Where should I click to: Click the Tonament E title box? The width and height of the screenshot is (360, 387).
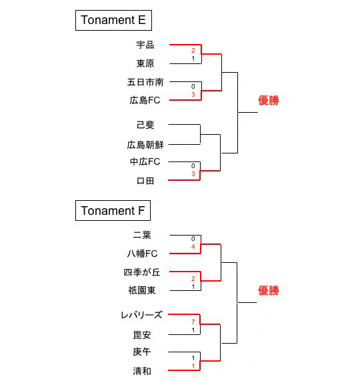pyautogui.click(x=113, y=20)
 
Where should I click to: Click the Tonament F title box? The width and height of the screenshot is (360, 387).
pyautogui.click(x=113, y=211)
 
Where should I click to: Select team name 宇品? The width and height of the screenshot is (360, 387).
pyautogui.click(x=145, y=45)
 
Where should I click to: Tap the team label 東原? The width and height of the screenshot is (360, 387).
pyautogui.click(x=145, y=63)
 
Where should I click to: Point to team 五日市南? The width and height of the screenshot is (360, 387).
pyautogui.click(x=145, y=82)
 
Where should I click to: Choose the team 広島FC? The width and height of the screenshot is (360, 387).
pyautogui.click(x=145, y=100)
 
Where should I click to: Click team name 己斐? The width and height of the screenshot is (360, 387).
pyautogui.click(x=145, y=125)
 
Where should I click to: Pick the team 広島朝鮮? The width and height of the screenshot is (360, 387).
pyautogui.click(x=145, y=145)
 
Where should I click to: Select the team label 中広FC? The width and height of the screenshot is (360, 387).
pyautogui.click(x=145, y=161)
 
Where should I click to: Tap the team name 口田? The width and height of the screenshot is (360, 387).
pyautogui.click(x=145, y=181)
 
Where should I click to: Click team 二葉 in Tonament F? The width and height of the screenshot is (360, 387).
pyautogui.click(x=142, y=235)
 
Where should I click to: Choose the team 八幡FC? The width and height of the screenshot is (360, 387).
pyautogui.click(x=142, y=254)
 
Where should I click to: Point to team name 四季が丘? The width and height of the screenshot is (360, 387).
pyautogui.click(x=142, y=272)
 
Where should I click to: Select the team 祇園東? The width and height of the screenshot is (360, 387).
pyautogui.click(x=142, y=290)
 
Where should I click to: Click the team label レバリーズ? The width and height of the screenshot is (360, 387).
pyautogui.click(x=141, y=315)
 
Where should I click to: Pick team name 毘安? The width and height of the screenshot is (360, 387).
pyautogui.click(x=142, y=335)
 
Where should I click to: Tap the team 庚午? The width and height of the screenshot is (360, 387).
pyautogui.click(x=142, y=352)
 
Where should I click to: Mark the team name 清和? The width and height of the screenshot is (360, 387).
pyautogui.click(x=142, y=371)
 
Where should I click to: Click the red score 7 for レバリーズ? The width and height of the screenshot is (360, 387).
pyautogui.click(x=193, y=322)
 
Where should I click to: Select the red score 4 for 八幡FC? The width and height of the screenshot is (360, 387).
pyautogui.click(x=193, y=247)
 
